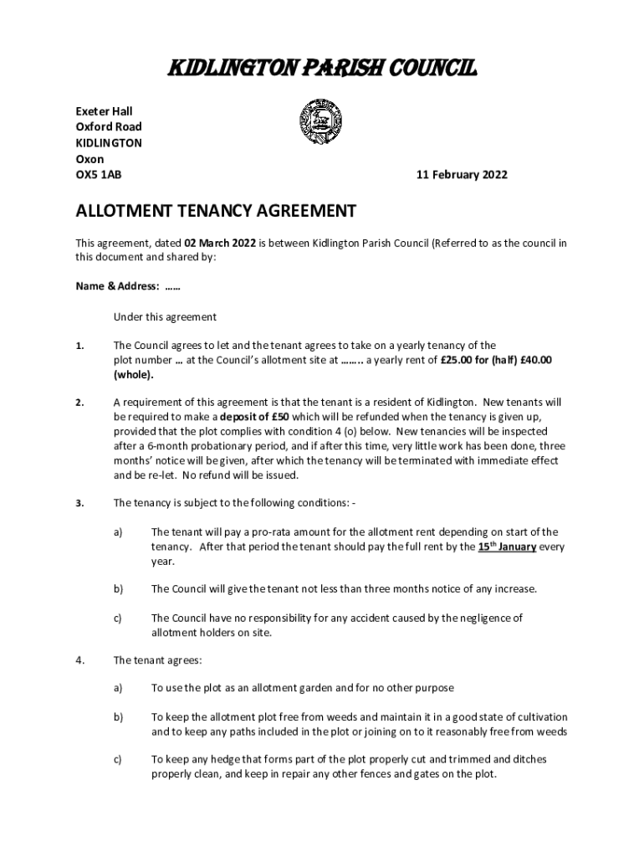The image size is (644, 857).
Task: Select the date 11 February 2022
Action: [x=462, y=175]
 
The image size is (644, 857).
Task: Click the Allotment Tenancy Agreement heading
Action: [x=217, y=211]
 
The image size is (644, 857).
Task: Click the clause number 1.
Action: [x=79, y=346]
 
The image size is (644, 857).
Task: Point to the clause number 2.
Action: [x=79, y=403]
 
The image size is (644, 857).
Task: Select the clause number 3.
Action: [x=79, y=503]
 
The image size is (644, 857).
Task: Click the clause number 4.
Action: [x=79, y=660]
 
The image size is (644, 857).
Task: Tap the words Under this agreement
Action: [x=165, y=317]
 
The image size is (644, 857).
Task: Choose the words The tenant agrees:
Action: [x=157, y=660]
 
